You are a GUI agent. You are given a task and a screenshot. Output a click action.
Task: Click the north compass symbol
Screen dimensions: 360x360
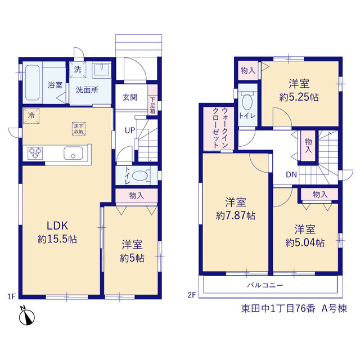(x=27, y=317)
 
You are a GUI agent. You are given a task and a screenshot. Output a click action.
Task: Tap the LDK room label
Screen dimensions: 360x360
(x=57, y=226)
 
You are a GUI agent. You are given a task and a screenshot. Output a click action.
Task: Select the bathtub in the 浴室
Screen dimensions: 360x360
(x=32, y=83)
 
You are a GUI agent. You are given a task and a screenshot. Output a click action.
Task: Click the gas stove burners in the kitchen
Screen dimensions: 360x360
(x=35, y=153)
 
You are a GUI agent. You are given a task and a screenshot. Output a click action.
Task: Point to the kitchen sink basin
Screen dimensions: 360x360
(x=73, y=153)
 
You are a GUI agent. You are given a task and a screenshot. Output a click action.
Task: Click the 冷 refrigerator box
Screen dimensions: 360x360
(x=31, y=116)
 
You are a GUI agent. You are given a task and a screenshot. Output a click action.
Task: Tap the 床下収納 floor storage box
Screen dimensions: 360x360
(x=79, y=129)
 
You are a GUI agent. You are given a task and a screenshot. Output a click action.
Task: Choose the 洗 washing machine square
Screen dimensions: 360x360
(x=78, y=70)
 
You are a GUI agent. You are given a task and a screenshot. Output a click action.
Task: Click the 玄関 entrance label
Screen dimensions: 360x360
(x=130, y=97)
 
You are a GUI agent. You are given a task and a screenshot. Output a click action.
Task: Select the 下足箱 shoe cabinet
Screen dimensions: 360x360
(x=152, y=100)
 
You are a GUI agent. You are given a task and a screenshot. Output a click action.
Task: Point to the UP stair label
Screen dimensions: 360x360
(x=130, y=130)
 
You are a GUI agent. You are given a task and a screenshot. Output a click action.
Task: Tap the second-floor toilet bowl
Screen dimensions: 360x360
(x=247, y=101)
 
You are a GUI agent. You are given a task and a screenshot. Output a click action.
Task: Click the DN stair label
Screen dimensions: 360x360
(x=291, y=175)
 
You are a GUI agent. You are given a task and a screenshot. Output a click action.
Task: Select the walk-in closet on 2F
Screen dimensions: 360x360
(x=218, y=128)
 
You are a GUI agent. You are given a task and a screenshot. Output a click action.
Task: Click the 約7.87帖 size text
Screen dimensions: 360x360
(x=236, y=215)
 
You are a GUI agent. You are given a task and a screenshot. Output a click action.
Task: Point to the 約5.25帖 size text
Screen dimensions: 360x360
(x=299, y=97)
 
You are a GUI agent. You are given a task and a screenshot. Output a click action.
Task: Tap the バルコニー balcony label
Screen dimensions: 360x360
(x=265, y=285)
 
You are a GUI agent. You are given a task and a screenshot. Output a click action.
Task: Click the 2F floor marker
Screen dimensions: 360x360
(x=192, y=295)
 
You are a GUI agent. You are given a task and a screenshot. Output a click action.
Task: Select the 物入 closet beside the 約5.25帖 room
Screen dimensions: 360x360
(x=248, y=70)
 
